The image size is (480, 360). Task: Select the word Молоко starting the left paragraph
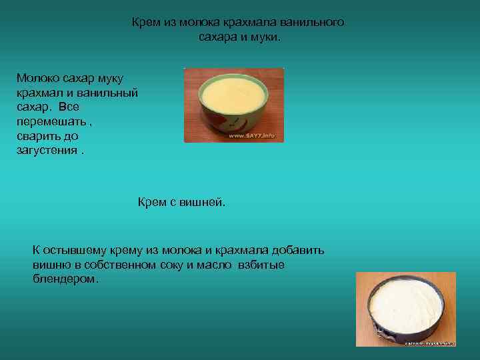click(39, 79)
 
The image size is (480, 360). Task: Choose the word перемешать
click(50, 121)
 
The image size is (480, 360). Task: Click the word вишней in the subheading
click(206, 202)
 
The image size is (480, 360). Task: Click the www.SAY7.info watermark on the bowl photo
click(252, 135)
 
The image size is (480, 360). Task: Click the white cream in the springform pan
click(406, 303)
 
